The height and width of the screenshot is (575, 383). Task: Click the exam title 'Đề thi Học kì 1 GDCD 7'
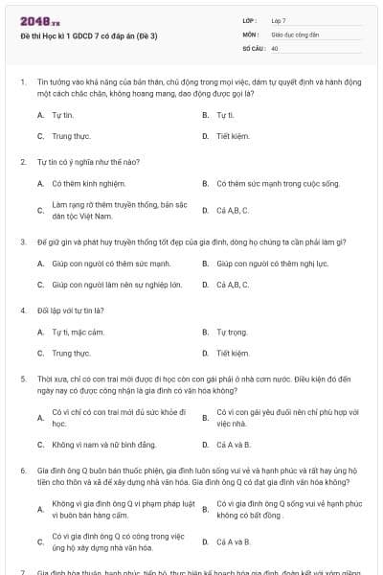point(69,34)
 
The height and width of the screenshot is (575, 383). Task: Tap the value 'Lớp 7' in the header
point(279,20)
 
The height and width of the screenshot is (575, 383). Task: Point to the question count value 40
point(275,47)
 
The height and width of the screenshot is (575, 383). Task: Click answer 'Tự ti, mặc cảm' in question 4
point(78,332)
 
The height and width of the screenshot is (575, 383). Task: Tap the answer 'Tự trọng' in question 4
point(231,332)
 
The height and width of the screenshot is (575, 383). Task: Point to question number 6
point(22,471)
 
